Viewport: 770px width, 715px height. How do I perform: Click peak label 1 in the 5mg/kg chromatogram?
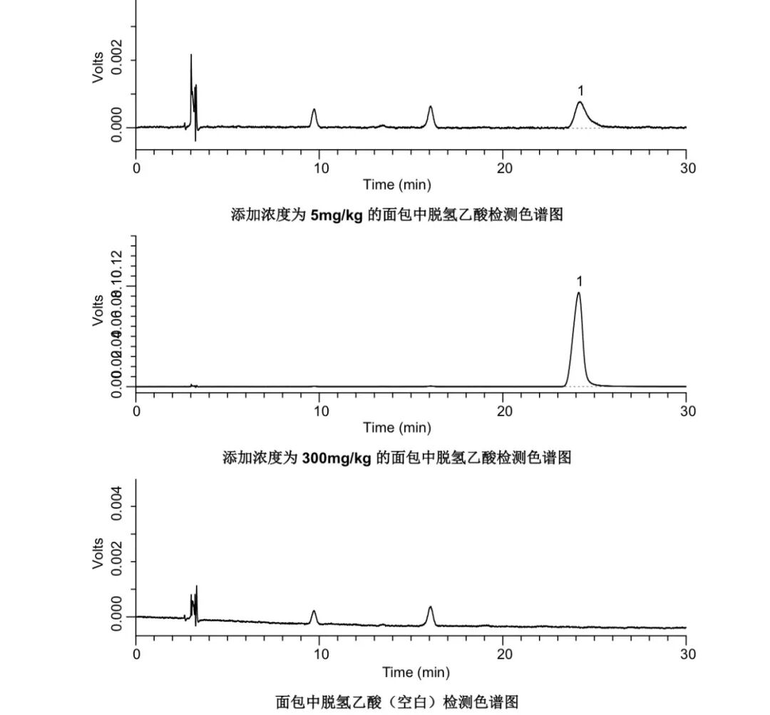click(x=580, y=91)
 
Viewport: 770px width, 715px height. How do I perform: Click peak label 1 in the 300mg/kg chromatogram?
click(x=580, y=282)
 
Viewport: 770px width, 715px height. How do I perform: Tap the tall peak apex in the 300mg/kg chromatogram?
click(x=578, y=293)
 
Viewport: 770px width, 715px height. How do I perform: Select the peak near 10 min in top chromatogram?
click(x=314, y=110)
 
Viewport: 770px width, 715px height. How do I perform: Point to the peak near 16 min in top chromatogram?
click(x=431, y=108)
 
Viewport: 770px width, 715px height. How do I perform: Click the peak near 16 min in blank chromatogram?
click(x=430, y=608)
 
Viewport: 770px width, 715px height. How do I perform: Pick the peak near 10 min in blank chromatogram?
click(x=314, y=612)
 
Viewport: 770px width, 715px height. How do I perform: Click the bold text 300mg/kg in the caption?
click(x=337, y=458)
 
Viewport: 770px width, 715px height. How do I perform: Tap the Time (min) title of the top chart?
click(x=397, y=185)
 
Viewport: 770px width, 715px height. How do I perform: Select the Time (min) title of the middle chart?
click(x=397, y=428)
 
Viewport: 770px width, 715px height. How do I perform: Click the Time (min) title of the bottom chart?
click(x=416, y=672)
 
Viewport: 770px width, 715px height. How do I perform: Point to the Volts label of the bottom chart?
click(x=98, y=553)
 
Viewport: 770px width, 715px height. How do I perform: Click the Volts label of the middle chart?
click(x=98, y=310)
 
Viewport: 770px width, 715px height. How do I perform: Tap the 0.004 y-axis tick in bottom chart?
click(x=116, y=507)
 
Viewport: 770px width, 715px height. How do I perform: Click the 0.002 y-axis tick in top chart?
click(x=116, y=61)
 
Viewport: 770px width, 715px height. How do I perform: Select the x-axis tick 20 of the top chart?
click(x=504, y=168)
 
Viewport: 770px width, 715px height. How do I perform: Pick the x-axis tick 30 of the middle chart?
click(x=687, y=411)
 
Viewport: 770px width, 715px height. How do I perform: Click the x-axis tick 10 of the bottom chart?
click(x=320, y=654)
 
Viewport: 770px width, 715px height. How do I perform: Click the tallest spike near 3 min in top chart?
click(x=191, y=56)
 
